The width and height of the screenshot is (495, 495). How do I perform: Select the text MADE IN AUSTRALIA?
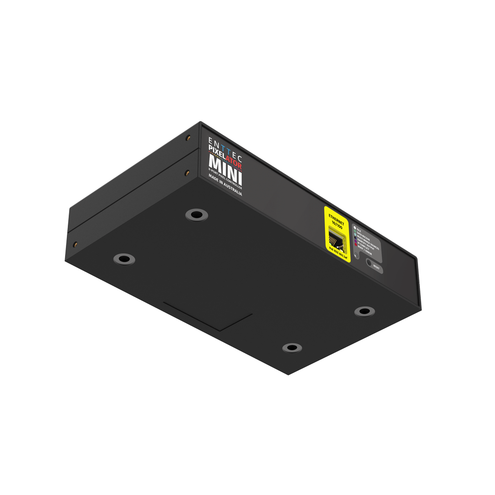point(225,185)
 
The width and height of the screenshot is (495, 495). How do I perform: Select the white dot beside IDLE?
point(354,227)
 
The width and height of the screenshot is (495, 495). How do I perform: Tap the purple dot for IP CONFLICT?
point(356,241)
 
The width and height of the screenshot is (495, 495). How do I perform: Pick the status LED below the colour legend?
point(357,257)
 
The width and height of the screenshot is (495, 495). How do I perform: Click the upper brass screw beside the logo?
point(187,137)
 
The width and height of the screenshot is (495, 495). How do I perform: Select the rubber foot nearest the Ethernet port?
point(364,311)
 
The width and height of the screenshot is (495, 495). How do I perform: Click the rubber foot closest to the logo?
point(196,214)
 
